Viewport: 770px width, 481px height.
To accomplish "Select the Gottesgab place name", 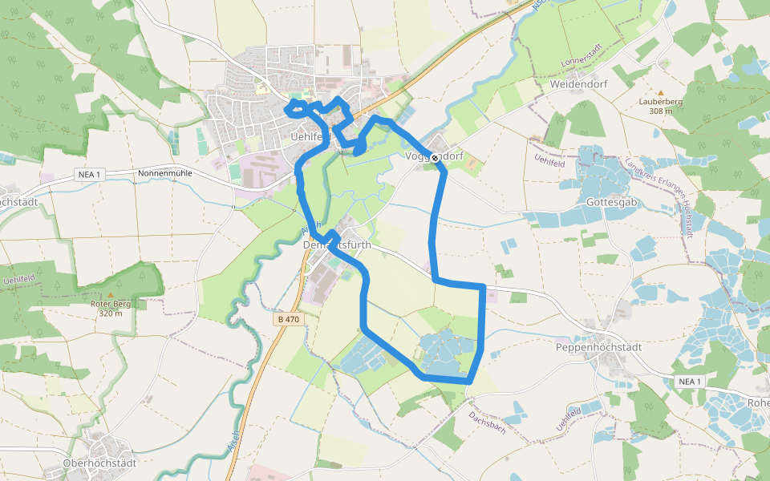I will point(611,202).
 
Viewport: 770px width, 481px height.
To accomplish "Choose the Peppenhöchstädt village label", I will point(599,348).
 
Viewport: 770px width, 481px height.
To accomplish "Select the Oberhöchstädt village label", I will point(100,463).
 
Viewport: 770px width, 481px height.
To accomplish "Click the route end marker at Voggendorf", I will point(435,158).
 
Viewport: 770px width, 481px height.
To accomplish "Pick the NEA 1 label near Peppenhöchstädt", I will point(688,381).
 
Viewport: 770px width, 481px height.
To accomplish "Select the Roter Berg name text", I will point(111,304).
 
